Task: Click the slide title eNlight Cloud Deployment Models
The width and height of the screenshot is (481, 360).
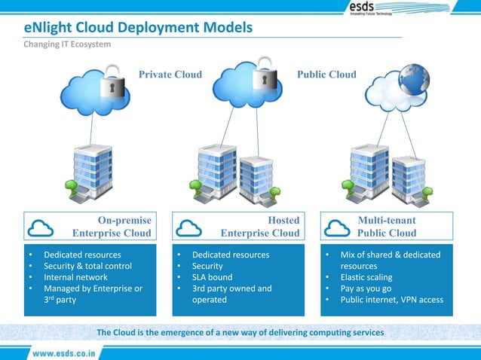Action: pyautogui.click(x=138, y=28)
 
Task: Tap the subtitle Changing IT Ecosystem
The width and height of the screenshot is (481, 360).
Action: pyautogui.click(x=67, y=44)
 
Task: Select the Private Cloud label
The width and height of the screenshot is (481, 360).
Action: pyautogui.click(x=170, y=75)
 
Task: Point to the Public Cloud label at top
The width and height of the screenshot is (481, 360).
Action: pyautogui.click(x=326, y=75)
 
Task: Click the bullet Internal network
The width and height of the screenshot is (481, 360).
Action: pyautogui.click(x=75, y=277)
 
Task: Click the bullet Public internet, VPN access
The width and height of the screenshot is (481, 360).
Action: pyautogui.click(x=391, y=300)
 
